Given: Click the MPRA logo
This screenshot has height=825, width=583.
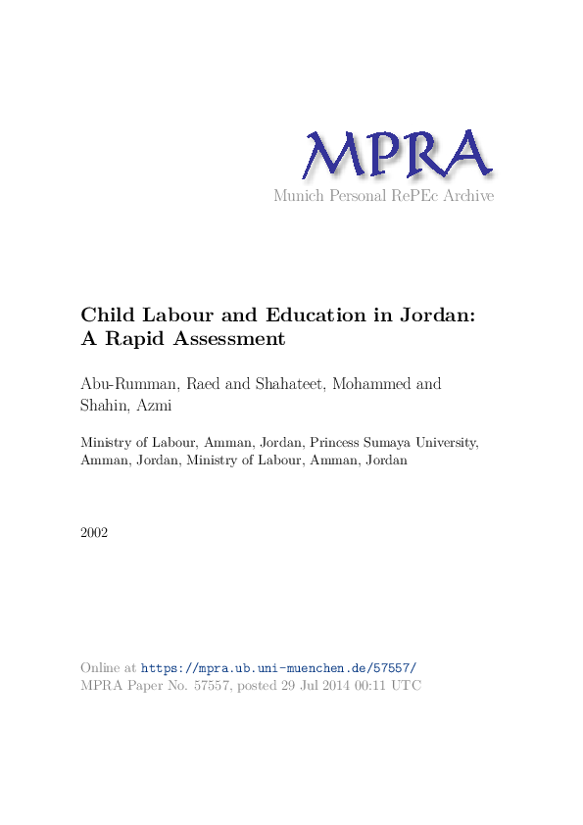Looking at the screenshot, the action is pos(396,155).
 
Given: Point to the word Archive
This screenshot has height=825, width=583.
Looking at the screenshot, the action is pos(469,196).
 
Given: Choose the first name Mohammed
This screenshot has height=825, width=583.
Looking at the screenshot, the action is pos(372,383).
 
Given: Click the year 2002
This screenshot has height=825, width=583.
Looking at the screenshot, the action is pos(94,533).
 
